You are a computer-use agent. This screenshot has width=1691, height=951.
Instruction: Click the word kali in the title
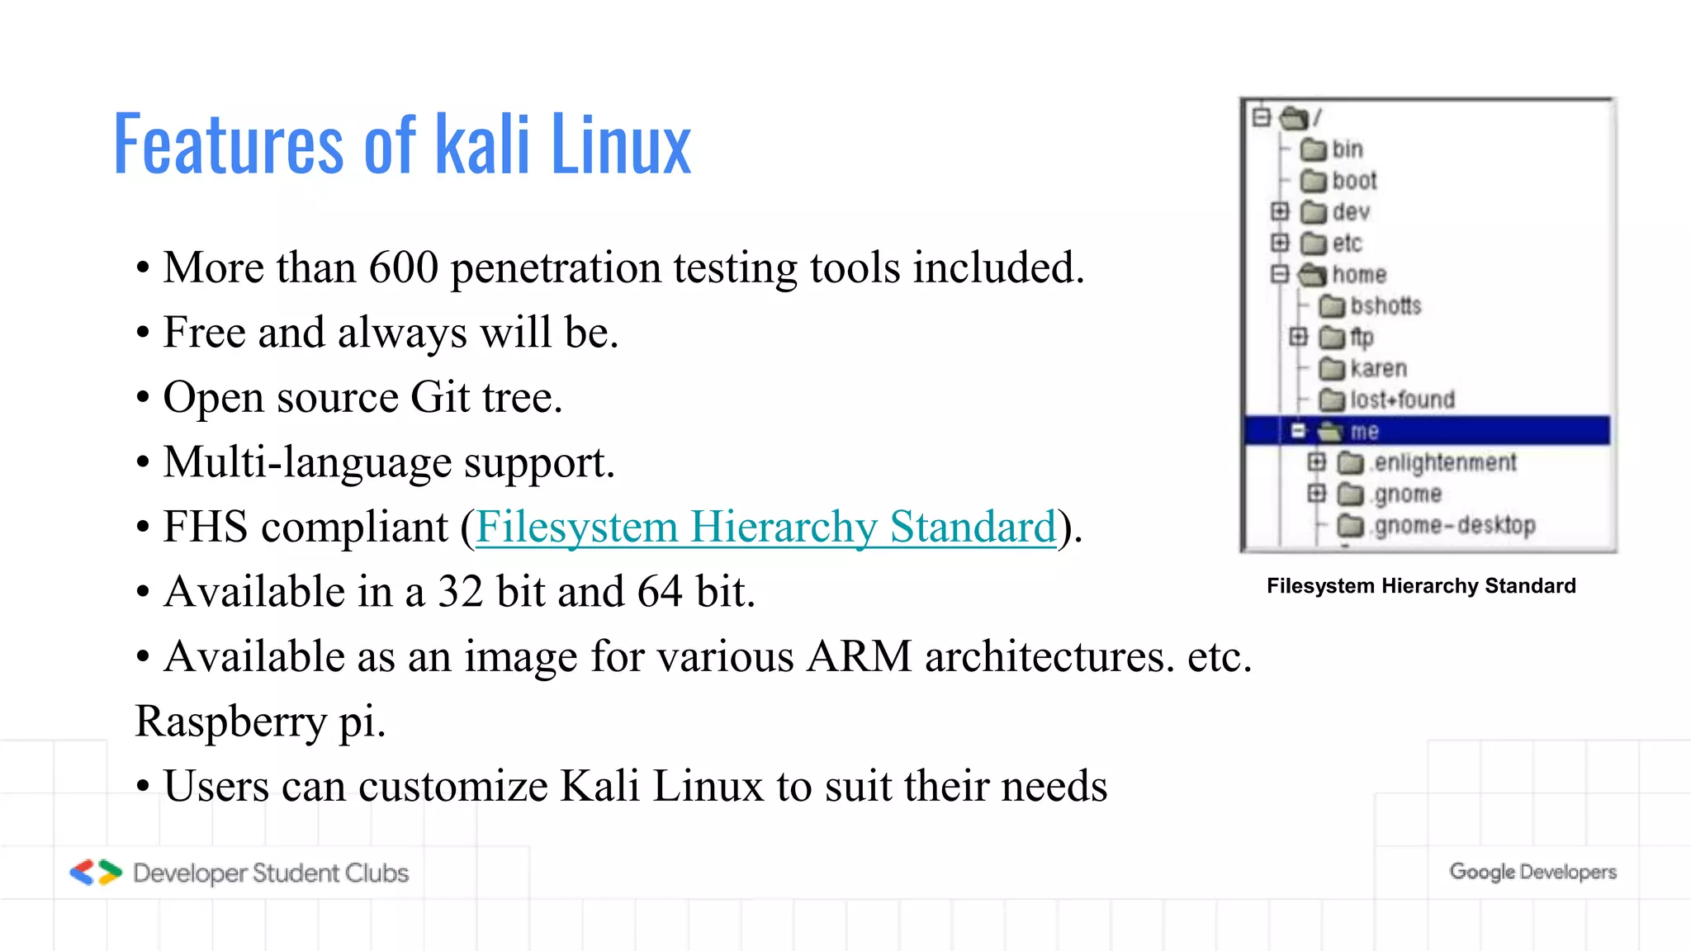[x=482, y=145]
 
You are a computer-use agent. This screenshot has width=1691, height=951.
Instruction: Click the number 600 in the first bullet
[x=403, y=267]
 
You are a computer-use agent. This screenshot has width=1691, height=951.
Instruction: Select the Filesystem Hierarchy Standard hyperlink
[x=765, y=527]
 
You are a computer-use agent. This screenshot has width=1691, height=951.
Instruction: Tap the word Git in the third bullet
[x=440, y=397]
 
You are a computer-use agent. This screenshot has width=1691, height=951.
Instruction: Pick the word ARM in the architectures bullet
[x=859, y=657]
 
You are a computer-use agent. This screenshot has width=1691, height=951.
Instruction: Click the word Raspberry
[x=230, y=722]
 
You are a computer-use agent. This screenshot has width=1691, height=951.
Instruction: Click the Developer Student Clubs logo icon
[x=96, y=873]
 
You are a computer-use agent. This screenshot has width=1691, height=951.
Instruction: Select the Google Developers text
[x=1532, y=872]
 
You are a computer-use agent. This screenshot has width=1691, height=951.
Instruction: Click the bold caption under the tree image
[x=1421, y=586]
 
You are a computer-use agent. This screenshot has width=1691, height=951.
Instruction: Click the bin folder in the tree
[x=1347, y=149]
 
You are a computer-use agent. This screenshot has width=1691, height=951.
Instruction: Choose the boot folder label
[x=1354, y=181]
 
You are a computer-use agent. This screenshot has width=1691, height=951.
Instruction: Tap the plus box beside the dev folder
[x=1280, y=212]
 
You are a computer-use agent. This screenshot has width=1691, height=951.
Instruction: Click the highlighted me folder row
[x=1427, y=431]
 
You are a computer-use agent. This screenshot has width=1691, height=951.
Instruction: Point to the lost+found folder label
[x=1402, y=400]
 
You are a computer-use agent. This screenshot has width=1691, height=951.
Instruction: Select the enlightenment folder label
[x=1445, y=463]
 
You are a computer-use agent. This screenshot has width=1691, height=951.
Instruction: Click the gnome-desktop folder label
[x=1454, y=526]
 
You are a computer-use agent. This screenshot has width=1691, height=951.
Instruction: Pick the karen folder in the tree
[x=1378, y=369]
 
